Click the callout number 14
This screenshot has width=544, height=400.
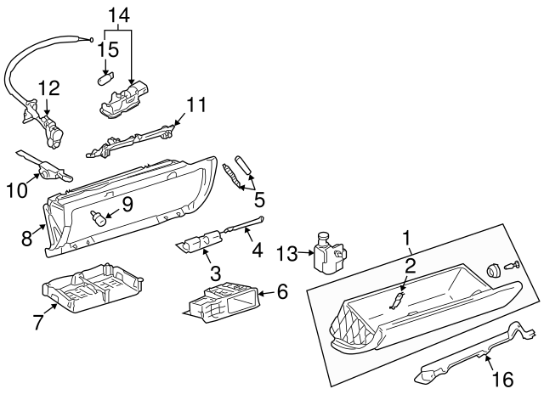tap(120, 14)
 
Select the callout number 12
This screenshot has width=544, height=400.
tap(48, 87)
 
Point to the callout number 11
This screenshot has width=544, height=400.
tap(196, 105)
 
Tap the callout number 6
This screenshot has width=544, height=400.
tap(281, 291)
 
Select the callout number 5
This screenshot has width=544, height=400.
tap(258, 200)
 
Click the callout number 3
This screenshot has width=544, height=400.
tap(215, 273)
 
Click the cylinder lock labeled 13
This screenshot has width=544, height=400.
tap(327, 254)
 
